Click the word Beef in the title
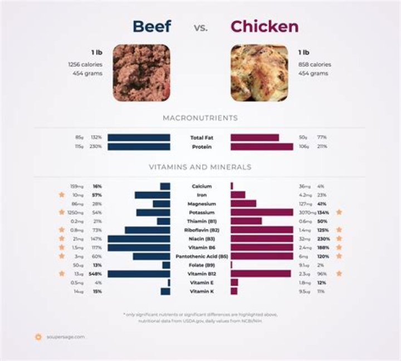pyautogui.click(x=151, y=26)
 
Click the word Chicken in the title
pyautogui.click(x=265, y=26)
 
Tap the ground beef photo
pyautogui.click(x=141, y=73)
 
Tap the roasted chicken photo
pyautogui.click(x=260, y=73)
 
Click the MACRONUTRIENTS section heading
pyautogui.click(x=200, y=118)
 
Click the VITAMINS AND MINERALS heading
pyautogui.click(x=200, y=167)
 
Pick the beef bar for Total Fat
pyautogui.click(x=139, y=137)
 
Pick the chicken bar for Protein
pyautogui.click(x=262, y=147)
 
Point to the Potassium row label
pyautogui.click(x=201, y=212)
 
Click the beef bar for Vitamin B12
pyautogui.click(x=139, y=274)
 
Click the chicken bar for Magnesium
pyautogui.click(x=243, y=204)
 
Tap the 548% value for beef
pyautogui.click(x=97, y=274)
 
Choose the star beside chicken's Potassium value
pyautogui.click(x=339, y=212)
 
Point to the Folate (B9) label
pyautogui.click(x=201, y=265)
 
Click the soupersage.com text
pyautogui.click(x=65, y=337)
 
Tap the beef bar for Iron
pyautogui.click(x=152, y=195)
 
